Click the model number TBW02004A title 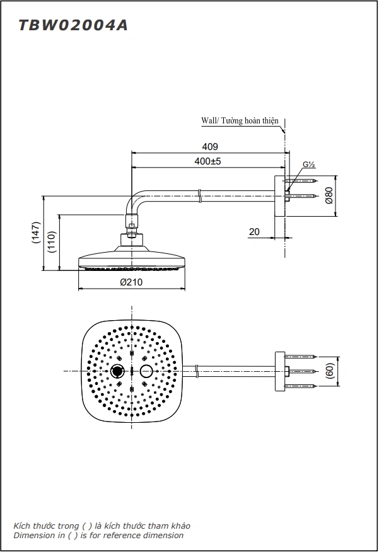(x=73, y=25)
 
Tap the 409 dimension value (x=211, y=146)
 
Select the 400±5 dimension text (x=207, y=161)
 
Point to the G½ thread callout (x=308, y=165)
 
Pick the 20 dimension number (x=254, y=232)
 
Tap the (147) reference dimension (x=37, y=233)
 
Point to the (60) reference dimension (x=329, y=371)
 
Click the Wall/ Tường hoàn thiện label (x=239, y=120)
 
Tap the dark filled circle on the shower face (x=117, y=371)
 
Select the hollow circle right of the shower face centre (x=146, y=371)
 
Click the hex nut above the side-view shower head (x=131, y=222)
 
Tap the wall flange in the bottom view (x=279, y=371)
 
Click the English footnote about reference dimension (x=98, y=536)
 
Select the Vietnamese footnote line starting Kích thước (x=102, y=526)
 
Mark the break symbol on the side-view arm (x=199, y=195)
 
